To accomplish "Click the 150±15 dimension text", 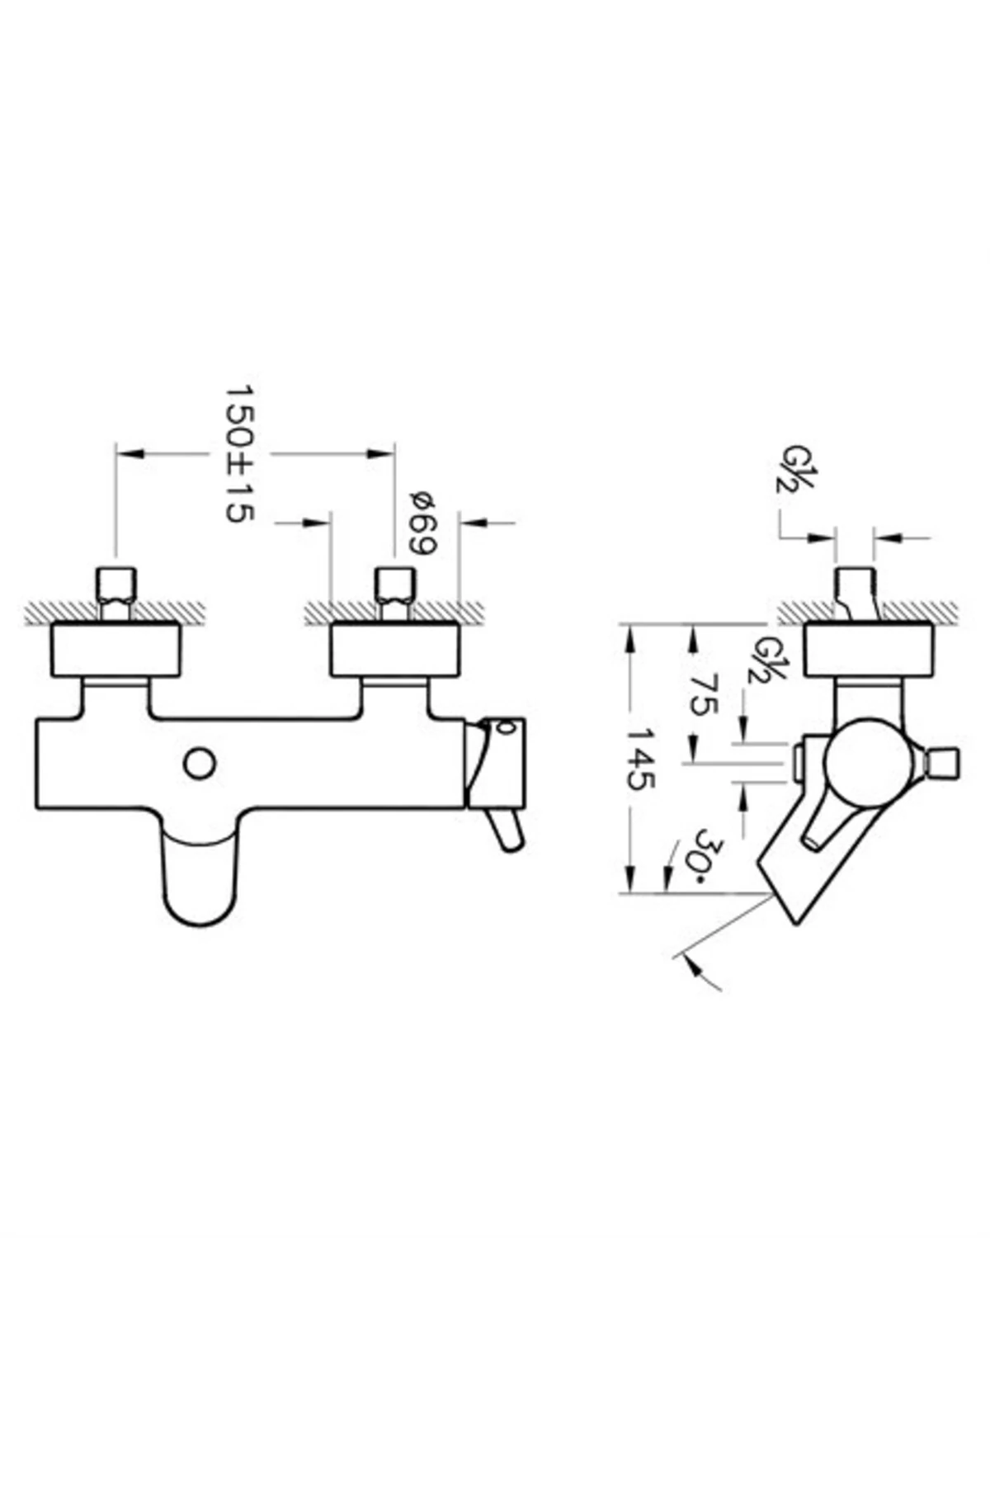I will click(x=239, y=452).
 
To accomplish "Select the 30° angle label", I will click(x=707, y=856).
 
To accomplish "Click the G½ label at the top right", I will click(x=793, y=469).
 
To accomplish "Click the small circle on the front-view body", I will click(x=199, y=763).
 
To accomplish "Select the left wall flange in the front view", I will click(x=115, y=651).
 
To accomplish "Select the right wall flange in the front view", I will click(x=394, y=651).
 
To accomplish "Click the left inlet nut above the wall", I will click(x=115, y=584).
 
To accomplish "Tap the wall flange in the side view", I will click(x=868, y=651).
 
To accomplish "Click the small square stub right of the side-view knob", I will click(x=943, y=764).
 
